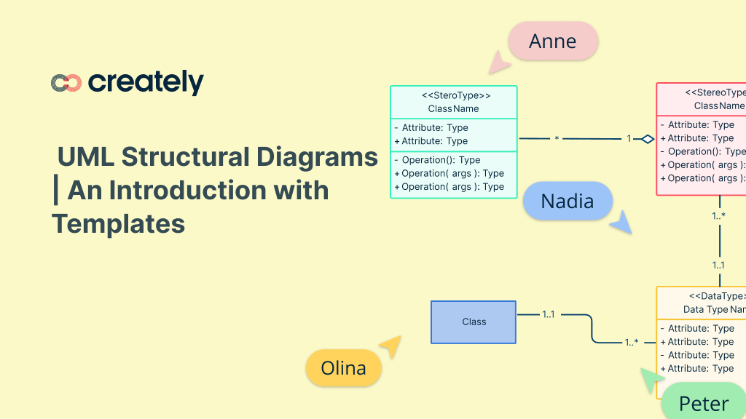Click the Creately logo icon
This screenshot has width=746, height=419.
[x=66, y=83]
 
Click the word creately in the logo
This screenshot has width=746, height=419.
[x=146, y=82]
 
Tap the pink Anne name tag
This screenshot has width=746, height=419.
[x=553, y=41]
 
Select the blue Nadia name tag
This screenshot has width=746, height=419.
[x=568, y=201]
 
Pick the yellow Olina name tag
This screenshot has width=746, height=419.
[x=343, y=368]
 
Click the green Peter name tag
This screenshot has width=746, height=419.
[x=704, y=404]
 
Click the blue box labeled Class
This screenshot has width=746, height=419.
[x=474, y=322]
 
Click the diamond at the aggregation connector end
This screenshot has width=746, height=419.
[x=647, y=138]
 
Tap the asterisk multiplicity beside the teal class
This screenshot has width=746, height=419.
[x=557, y=138]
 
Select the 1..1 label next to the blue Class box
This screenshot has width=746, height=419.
[x=549, y=314]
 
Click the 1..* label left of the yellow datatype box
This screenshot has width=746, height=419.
[x=631, y=342]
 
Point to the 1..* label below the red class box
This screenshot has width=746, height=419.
[x=718, y=216]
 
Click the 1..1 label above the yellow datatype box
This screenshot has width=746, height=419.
[x=718, y=266]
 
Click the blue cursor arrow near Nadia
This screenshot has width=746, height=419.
[x=621, y=223]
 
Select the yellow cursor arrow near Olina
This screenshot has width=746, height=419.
[x=390, y=346]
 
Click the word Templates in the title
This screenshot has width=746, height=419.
[x=119, y=223]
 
